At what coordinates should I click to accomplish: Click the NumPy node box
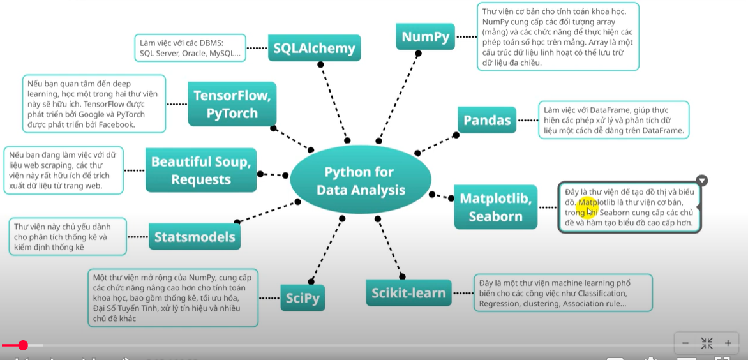pyautogui.click(x=425, y=37)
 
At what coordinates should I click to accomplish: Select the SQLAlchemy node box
pyautogui.click(x=313, y=47)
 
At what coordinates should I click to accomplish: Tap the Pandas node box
pyautogui.click(x=487, y=120)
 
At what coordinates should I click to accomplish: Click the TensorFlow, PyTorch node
pyautogui.click(x=232, y=104)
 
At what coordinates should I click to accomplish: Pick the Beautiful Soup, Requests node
pyautogui.click(x=200, y=170)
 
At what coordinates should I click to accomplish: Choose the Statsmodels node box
pyautogui.click(x=195, y=237)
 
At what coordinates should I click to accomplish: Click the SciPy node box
pyautogui.click(x=303, y=297)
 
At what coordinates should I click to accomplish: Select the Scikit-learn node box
pyautogui.click(x=408, y=293)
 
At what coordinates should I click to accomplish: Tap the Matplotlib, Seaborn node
pyautogui.click(x=495, y=207)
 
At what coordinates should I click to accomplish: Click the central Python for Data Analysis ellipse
pyautogui.click(x=361, y=181)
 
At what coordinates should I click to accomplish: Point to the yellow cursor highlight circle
pyautogui.click(x=586, y=207)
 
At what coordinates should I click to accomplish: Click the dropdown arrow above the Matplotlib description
pyautogui.click(x=701, y=181)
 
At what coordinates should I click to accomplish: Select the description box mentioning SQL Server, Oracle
pyautogui.click(x=191, y=48)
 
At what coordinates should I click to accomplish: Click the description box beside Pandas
pyautogui.click(x=613, y=120)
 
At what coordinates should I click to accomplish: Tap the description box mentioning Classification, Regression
pyautogui.click(x=562, y=293)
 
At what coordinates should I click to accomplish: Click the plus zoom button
pyautogui.click(x=728, y=343)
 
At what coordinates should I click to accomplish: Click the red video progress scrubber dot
pyautogui.click(x=23, y=345)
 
